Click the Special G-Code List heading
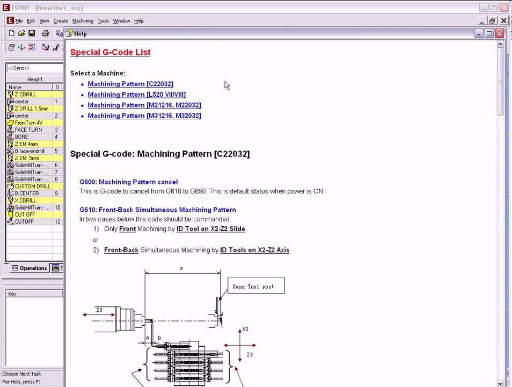(110, 52)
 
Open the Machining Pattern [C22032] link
(130, 84)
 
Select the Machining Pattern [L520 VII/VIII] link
(136, 95)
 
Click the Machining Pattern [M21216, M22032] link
(144, 105)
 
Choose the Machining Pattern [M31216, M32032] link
(144, 116)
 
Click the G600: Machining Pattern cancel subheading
(128, 182)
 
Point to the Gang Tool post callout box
(256, 286)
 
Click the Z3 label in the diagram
(99, 310)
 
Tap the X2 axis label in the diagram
(245, 329)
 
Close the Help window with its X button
(499, 33)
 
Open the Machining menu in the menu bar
(83, 21)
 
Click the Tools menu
(103, 21)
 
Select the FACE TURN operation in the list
(28, 130)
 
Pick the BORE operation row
(21, 137)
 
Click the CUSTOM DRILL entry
(32, 187)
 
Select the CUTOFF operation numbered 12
(24, 222)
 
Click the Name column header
(15, 87)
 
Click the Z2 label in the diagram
(250, 355)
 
